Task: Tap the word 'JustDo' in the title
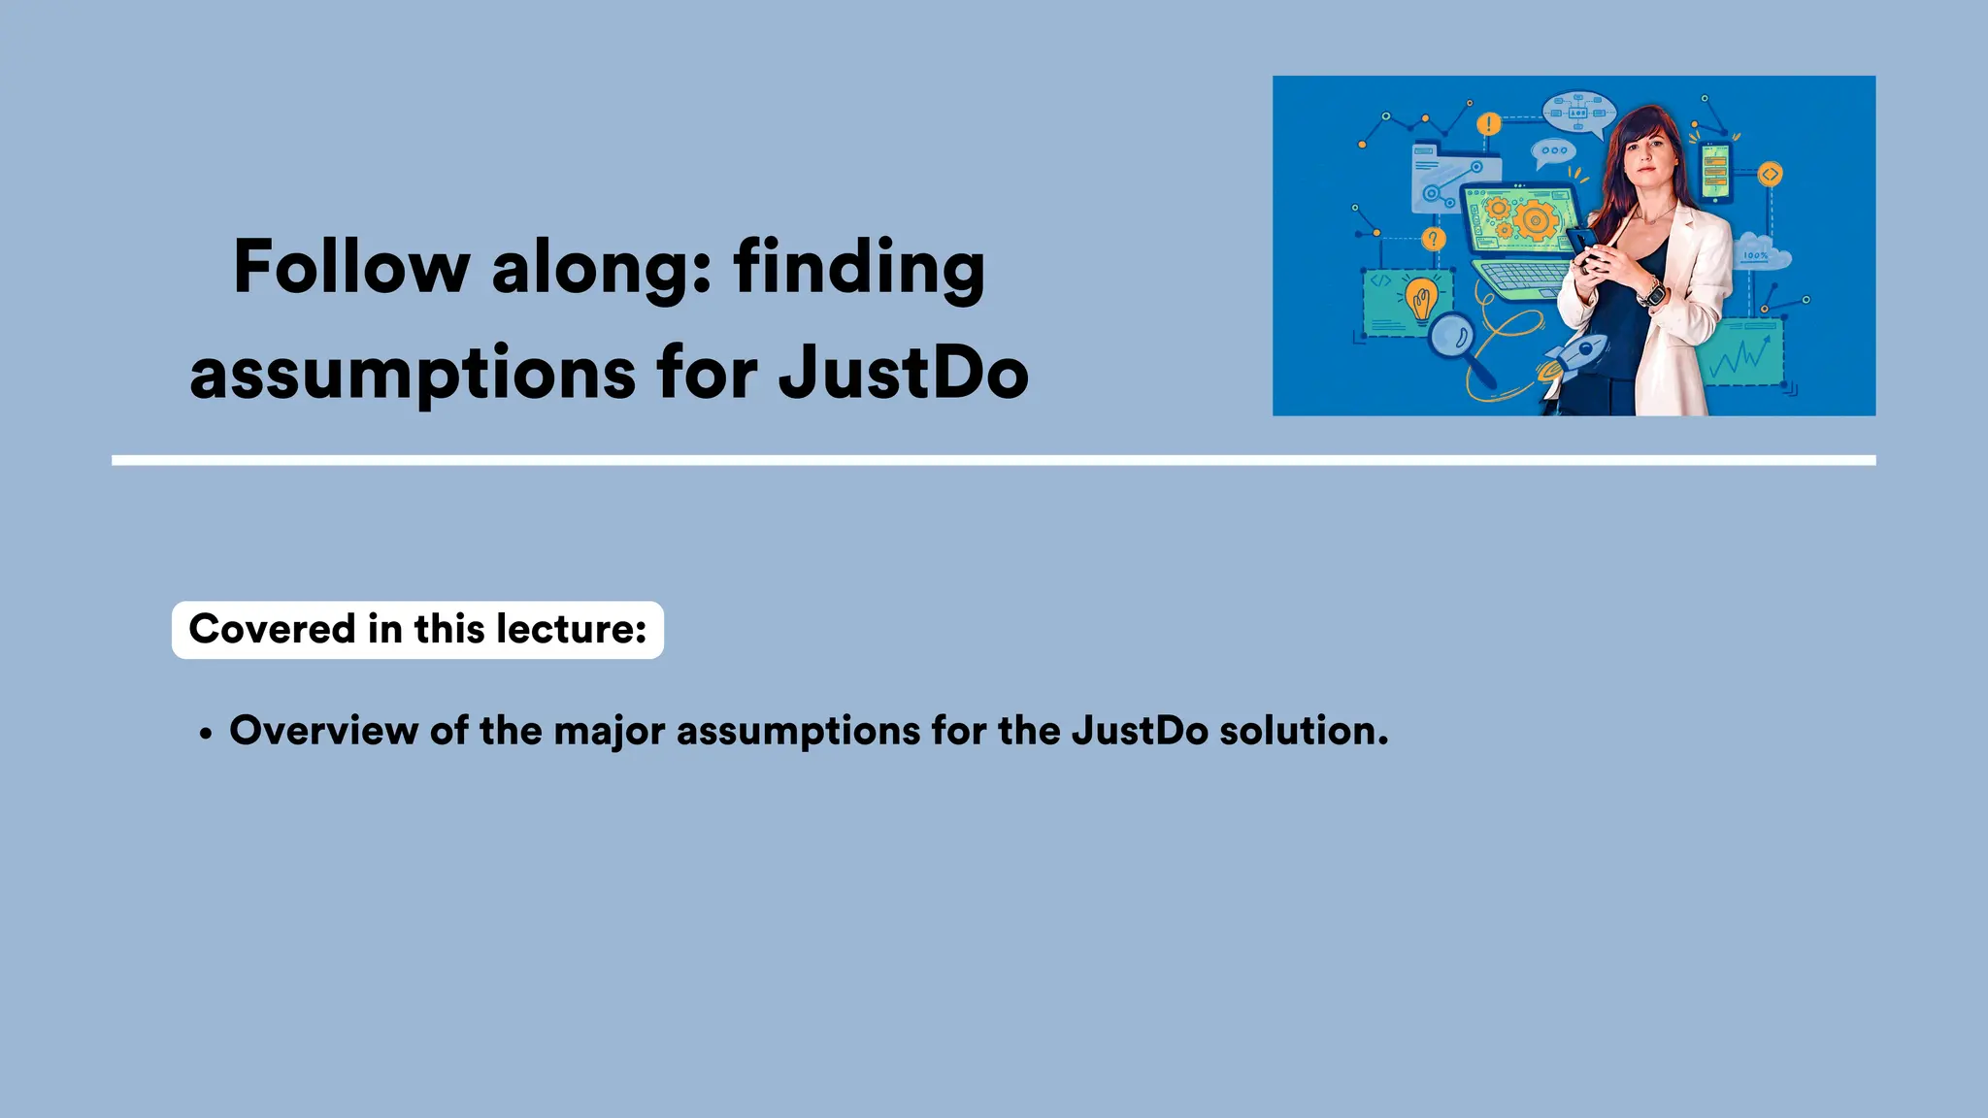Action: click(x=903, y=373)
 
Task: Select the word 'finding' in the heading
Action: click(x=859, y=269)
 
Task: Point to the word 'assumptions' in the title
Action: click(x=413, y=375)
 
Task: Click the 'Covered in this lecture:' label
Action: click(x=417, y=630)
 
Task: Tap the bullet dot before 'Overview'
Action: click(x=205, y=736)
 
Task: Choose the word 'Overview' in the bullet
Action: click(x=323, y=731)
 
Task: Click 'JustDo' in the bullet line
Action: click(x=1140, y=731)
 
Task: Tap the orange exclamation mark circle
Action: click(x=1488, y=124)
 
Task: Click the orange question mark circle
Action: click(x=1433, y=239)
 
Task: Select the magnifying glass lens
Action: click(x=1452, y=336)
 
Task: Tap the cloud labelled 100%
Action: click(x=1761, y=251)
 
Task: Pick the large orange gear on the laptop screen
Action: click(x=1535, y=219)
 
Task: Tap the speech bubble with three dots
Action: click(x=1553, y=151)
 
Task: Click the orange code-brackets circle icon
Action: click(x=1771, y=175)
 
